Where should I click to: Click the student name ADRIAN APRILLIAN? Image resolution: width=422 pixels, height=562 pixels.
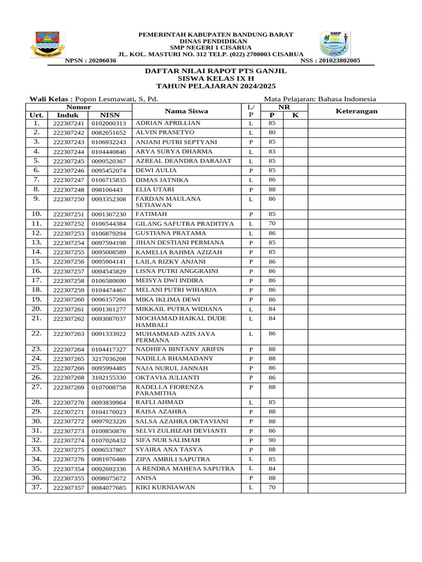click(x=168, y=123)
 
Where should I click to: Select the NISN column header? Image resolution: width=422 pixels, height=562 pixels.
click(x=109, y=115)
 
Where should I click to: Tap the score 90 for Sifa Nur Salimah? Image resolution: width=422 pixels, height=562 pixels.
click(x=271, y=440)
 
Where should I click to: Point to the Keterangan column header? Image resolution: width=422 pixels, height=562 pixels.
click(x=356, y=111)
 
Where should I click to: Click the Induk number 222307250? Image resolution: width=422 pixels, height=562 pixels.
click(x=69, y=199)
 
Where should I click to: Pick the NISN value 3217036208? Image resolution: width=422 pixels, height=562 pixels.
click(x=109, y=359)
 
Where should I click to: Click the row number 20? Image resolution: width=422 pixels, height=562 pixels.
click(x=36, y=309)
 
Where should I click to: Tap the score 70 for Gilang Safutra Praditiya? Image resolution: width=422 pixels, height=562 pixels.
click(x=271, y=224)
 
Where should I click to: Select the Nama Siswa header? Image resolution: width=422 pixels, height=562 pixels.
click(x=186, y=111)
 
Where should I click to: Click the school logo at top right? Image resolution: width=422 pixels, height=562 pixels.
click(x=335, y=44)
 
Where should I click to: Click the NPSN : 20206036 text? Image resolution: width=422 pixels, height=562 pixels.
click(x=91, y=60)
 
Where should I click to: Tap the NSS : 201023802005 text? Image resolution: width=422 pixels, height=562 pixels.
click(x=330, y=60)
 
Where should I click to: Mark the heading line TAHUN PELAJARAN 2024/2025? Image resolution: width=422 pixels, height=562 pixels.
click(x=216, y=86)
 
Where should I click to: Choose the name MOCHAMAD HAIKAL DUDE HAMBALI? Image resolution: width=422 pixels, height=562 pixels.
click(x=181, y=322)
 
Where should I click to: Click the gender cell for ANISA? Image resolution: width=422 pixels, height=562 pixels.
click(x=251, y=478)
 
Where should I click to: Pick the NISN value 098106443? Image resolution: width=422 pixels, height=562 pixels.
click(x=109, y=189)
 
